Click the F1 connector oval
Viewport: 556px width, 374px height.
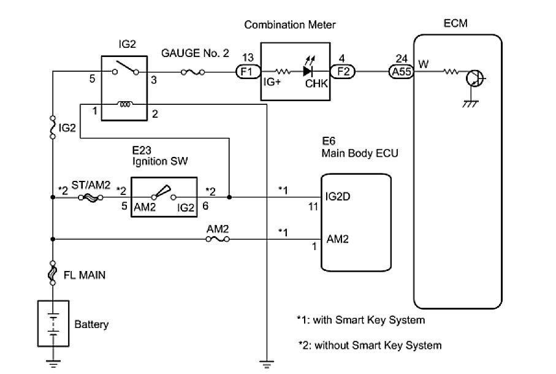click(248, 71)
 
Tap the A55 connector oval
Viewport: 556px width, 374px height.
click(402, 71)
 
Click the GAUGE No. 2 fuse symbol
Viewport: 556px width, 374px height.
click(194, 72)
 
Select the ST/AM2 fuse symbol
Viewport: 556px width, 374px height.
click(96, 198)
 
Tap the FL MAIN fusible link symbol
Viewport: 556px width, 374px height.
click(53, 274)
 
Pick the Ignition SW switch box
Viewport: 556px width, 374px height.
click(164, 197)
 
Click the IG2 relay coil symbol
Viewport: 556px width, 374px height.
click(126, 105)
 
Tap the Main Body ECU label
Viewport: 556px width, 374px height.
click(360, 153)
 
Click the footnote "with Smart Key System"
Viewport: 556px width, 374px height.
click(360, 320)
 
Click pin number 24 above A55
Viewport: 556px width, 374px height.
click(402, 58)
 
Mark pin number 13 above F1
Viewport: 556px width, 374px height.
click(248, 58)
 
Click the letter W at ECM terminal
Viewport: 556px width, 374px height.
click(423, 64)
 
